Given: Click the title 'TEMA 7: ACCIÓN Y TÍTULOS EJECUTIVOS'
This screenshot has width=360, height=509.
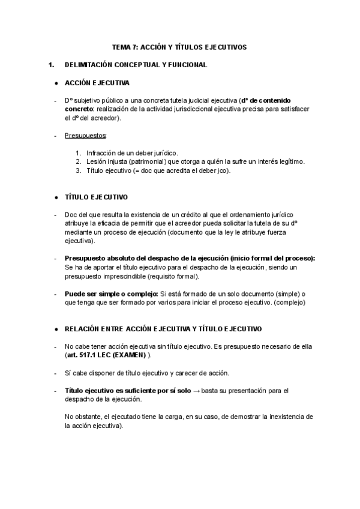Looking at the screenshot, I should (179, 47).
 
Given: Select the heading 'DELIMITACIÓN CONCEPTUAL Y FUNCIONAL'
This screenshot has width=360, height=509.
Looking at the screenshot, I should (136, 64).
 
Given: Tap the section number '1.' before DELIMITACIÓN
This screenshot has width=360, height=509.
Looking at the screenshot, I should (51, 64).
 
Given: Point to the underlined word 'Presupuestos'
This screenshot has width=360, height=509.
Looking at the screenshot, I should (85, 136).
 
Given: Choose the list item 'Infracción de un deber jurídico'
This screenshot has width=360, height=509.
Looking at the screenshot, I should (132, 153).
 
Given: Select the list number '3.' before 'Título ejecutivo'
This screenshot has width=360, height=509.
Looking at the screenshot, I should (79, 170).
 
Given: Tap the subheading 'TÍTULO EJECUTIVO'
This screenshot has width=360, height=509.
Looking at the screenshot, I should (96, 197).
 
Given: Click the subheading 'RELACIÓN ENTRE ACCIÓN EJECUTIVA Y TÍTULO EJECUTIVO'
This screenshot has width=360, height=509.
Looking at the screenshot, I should (163, 329).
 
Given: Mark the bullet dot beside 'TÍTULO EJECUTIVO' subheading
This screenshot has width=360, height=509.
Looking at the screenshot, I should (56, 197).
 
